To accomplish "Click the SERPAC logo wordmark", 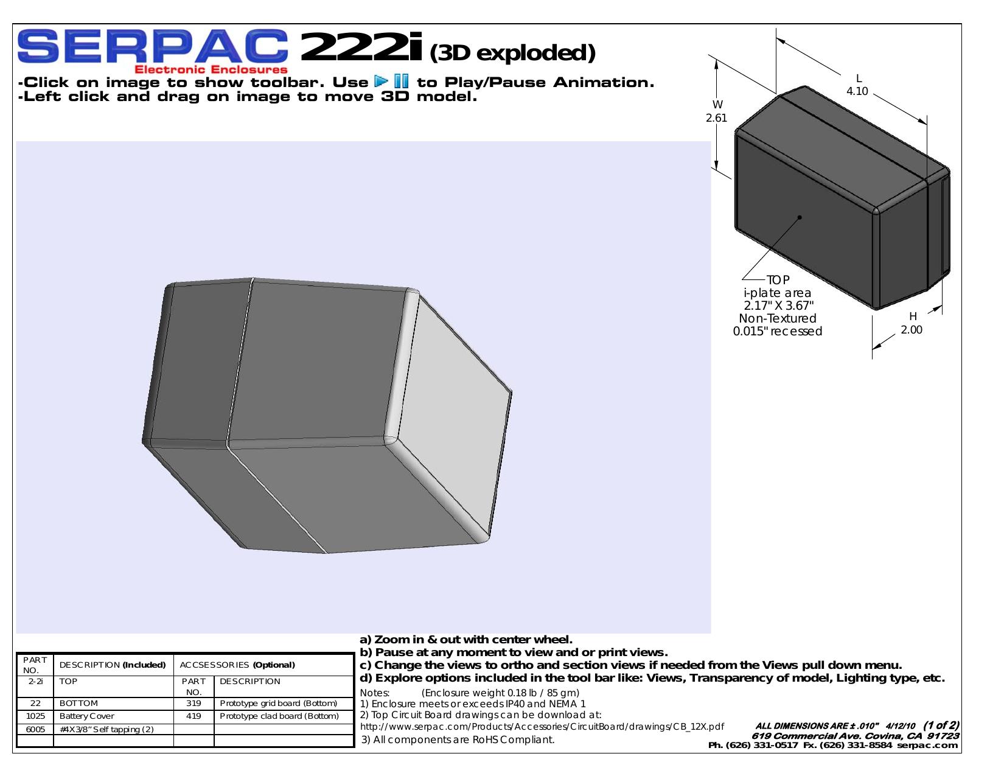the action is pyautogui.click(x=153, y=46).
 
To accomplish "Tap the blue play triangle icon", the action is pyautogui.click(x=381, y=82).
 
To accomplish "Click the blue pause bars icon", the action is pyautogui.click(x=402, y=82).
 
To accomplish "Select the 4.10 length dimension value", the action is pyautogui.click(x=857, y=91).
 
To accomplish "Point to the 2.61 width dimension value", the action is pyautogui.click(x=716, y=118).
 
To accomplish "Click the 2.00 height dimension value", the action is pyautogui.click(x=911, y=330).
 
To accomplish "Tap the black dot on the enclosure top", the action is pyautogui.click(x=800, y=217).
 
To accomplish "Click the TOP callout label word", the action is pyautogui.click(x=778, y=280).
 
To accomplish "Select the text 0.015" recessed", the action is pyautogui.click(x=777, y=331).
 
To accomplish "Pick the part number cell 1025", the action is pyautogui.click(x=35, y=716).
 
